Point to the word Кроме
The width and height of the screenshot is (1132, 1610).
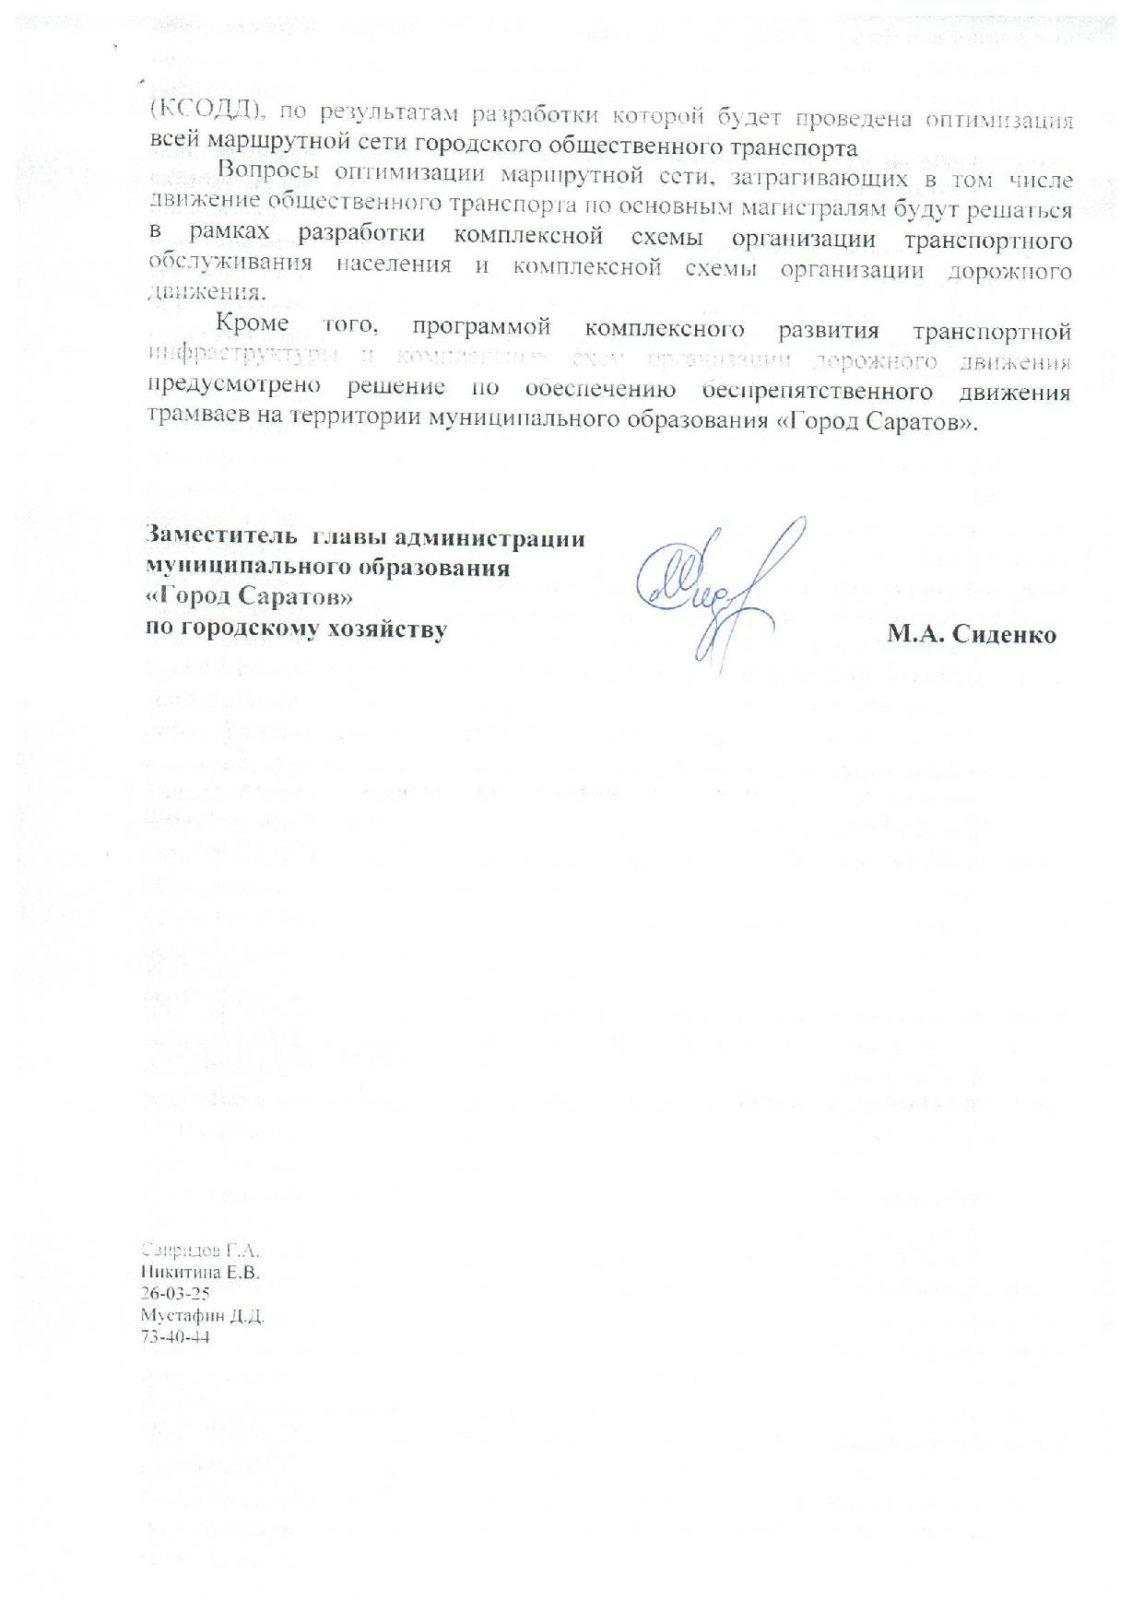252,324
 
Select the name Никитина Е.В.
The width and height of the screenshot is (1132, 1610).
200,1273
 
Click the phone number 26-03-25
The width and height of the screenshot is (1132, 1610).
175,1294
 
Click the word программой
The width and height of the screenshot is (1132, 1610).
483,327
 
